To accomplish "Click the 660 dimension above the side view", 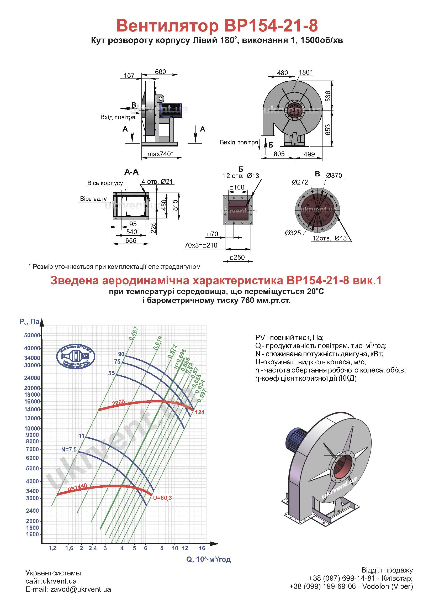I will coord(160,72).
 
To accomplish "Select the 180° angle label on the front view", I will coord(305,72).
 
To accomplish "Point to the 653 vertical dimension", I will coord(328,130).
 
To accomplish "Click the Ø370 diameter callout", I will coord(334,175).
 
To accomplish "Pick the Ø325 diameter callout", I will coord(293,233).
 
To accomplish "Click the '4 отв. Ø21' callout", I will coord(157,182).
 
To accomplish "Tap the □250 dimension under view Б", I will coord(237,257).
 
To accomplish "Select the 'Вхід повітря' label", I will coord(118,117).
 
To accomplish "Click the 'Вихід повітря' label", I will coord(239,142).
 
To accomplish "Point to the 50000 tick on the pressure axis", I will coord(32,335).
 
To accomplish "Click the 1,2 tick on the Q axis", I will coord(52,548).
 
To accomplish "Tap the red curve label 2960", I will coord(118,403).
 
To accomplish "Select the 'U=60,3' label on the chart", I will coord(162,498).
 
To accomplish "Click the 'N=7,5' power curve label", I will coord(69,449).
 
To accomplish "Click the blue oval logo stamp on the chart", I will coord(76,357).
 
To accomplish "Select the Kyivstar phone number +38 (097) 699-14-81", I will coord(342,578).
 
